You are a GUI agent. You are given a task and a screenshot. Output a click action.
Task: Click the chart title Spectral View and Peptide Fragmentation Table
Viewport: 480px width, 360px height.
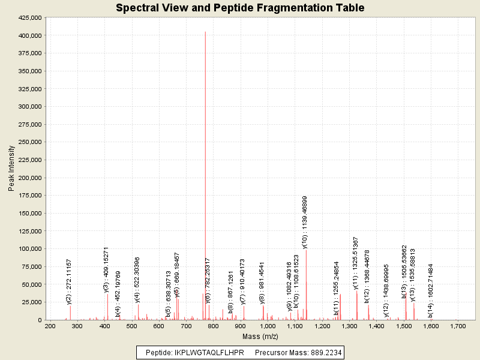coord(240,8)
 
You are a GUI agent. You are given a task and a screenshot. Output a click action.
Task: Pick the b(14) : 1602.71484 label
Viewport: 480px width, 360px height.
coord(430,290)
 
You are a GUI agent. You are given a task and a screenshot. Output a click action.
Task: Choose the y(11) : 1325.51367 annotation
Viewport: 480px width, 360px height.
coord(356,263)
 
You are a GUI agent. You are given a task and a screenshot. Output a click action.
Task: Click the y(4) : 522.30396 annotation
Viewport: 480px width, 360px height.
coord(137,280)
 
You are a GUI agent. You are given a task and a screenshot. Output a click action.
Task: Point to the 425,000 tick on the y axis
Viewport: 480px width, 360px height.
coord(29,18)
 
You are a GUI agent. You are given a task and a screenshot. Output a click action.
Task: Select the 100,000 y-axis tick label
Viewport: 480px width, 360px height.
coord(29,249)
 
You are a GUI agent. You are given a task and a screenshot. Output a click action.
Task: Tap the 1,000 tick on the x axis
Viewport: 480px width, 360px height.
coord(268,326)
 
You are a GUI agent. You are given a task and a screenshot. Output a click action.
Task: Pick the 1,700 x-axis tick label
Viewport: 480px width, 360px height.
coord(458,326)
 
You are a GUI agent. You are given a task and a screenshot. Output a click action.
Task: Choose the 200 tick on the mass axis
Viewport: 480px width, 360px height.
coord(50,326)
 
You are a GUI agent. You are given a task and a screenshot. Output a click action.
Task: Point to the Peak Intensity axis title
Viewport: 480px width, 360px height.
coord(11,169)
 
